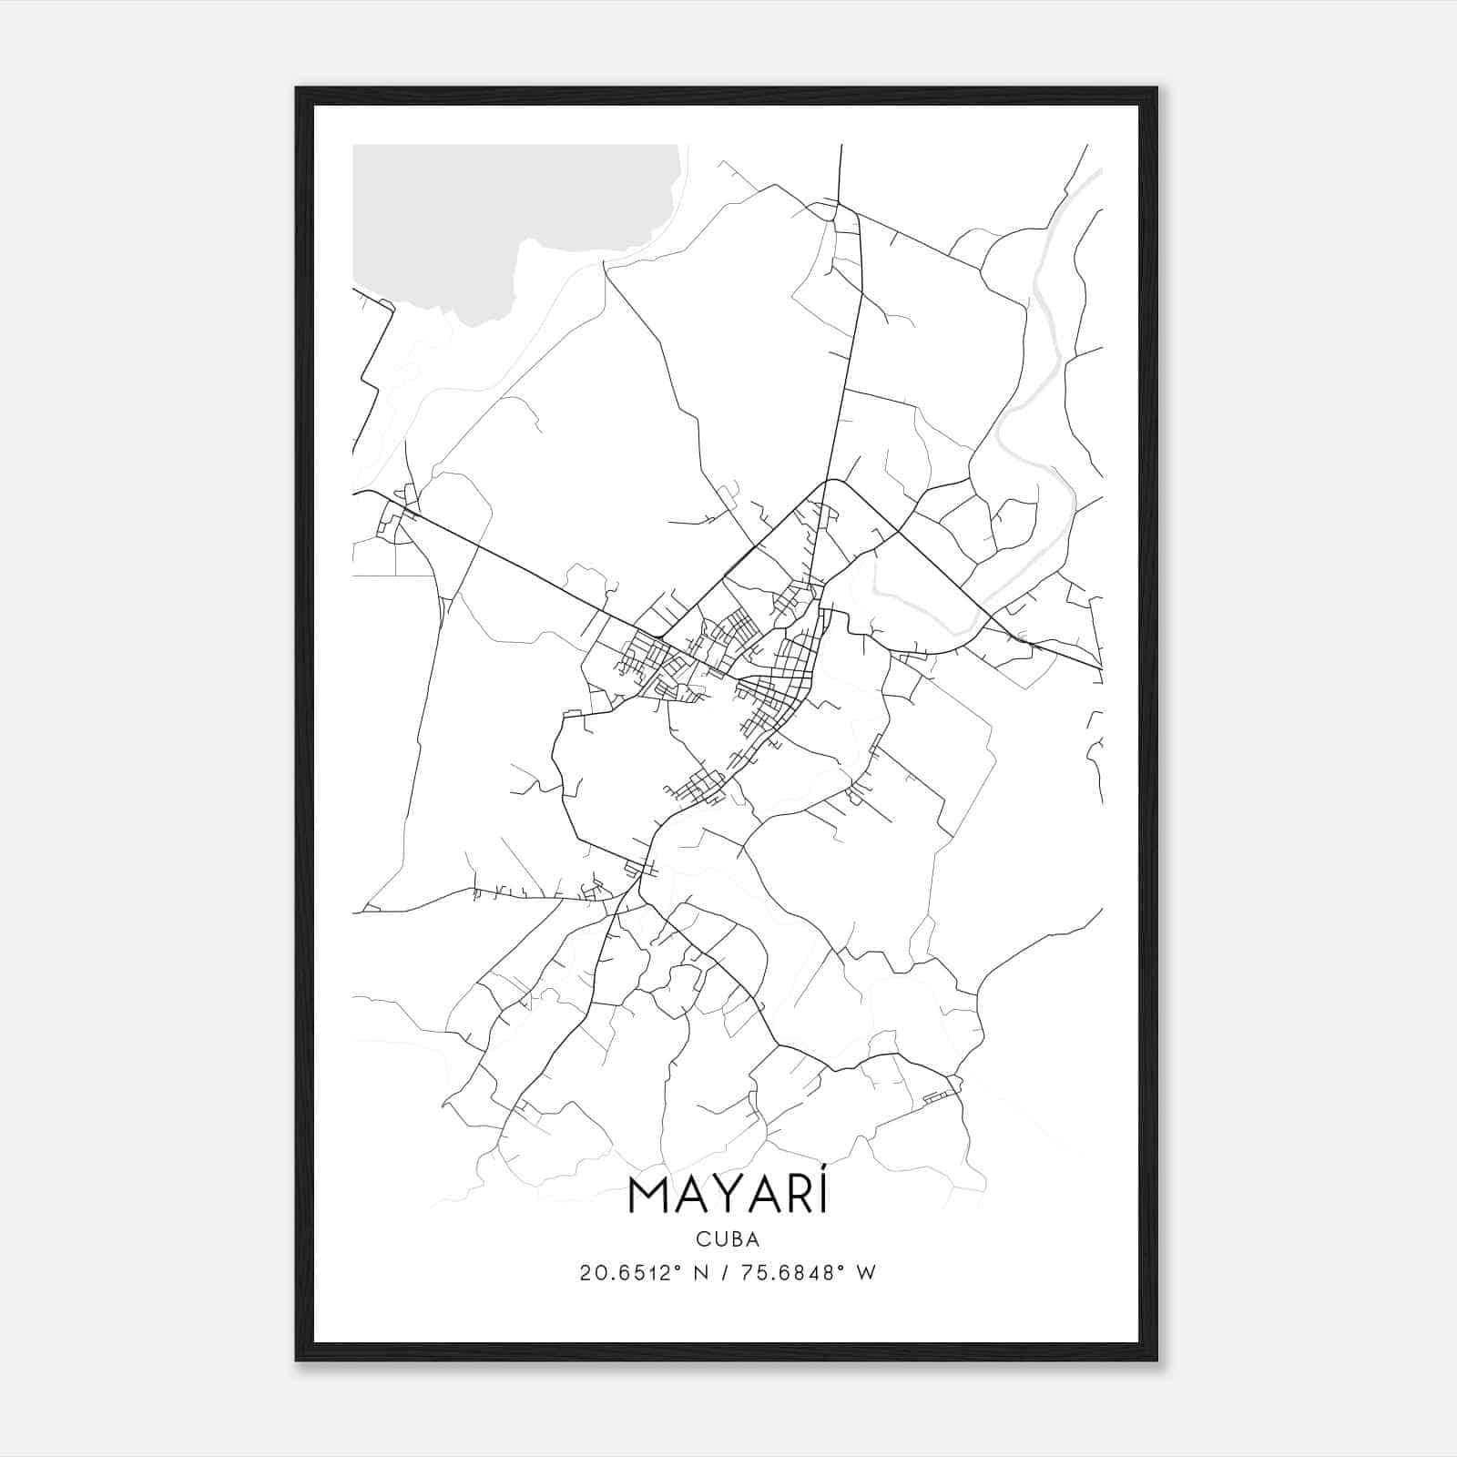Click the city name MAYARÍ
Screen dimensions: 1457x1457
(x=728, y=1197)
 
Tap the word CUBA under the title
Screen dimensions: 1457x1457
(x=728, y=1238)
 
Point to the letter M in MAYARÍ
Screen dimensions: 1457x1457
(x=648, y=1197)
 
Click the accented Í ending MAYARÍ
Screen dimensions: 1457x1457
(x=821, y=1195)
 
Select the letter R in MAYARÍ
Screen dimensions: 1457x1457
(x=795, y=1197)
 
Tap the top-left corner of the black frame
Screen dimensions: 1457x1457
(x=298, y=89)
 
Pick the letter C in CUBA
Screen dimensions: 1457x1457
(x=703, y=1238)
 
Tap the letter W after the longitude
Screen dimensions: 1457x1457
(x=866, y=1273)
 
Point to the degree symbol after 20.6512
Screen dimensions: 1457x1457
(x=677, y=1268)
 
